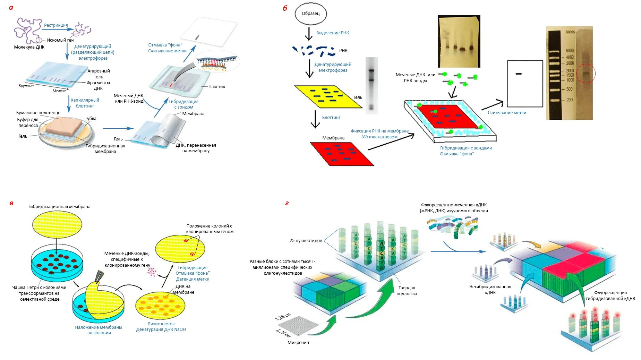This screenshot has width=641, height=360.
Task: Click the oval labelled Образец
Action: (310, 14)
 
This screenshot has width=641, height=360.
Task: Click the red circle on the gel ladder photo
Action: (586, 73)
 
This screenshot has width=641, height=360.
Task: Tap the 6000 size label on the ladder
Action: (570, 51)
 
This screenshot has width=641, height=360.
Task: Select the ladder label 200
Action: (570, 100)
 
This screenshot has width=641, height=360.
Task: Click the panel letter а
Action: (11, 8)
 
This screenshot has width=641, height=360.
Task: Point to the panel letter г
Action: (287, 203)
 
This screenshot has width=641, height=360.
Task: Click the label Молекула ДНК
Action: (29, 47)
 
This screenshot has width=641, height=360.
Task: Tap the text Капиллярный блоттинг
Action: (85, 103)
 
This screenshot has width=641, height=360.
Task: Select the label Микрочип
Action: (298, 343)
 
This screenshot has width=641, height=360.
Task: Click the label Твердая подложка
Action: (407, 291)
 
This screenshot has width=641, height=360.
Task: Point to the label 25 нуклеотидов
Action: (306, 241)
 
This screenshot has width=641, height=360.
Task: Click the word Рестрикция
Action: (56, 25)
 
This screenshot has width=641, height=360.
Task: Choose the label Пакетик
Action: (216, 87)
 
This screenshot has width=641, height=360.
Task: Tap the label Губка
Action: (91, 119)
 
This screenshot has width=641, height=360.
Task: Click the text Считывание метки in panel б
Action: (507, 113)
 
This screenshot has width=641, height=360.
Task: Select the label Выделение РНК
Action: (332, 33)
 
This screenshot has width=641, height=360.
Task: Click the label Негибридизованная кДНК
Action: (490, 290)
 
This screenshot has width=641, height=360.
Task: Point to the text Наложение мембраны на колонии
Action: (99, 330)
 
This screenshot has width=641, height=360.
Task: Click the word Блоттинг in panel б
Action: (331, 118)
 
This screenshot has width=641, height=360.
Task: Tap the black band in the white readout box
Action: (519, 74)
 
